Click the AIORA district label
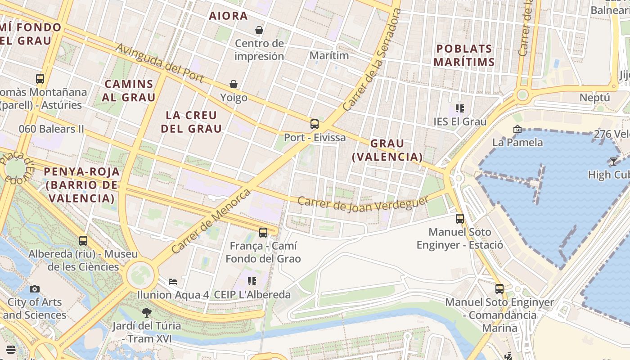pyautogui.click(x=228, y=16)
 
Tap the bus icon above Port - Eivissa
pyautogui.click(x=315, y=124)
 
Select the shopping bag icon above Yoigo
pyautogui.click(x=234, y=84)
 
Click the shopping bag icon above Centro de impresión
pyautogui.click(x=259, y=30)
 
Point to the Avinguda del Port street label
pyautogui.click(x=160, y=63)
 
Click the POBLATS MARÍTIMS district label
pyautogui.click(x=464, y=55)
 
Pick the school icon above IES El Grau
pyautogui.click(x=459, y=108)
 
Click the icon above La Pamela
pyautogui.click(x=517, y=129)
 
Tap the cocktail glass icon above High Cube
pyautogui.click(x=613, y=161)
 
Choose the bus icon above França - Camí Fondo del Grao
pyautogui.click(x=263, y=233)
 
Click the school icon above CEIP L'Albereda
pyautogui.click(x=252, y=281)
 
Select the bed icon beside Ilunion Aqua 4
pyautogui.click(x=173, y=282)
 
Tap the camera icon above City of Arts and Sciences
pyautogui.click(x=35, y=289)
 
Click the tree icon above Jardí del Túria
pyautogui.click(x=146, y=312)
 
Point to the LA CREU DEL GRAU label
pyautogui.click(x=192, y=122)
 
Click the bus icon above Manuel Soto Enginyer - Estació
pyautogui.click(x=459, y=219)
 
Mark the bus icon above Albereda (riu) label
pyautogui.click(x=83, y=241)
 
